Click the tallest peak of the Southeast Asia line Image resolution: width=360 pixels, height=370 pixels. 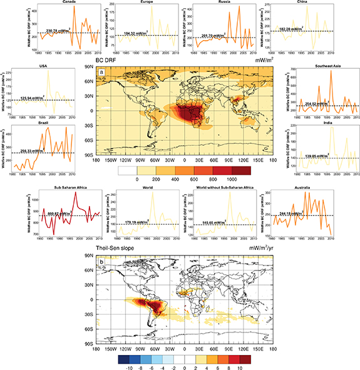[331, 71]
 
